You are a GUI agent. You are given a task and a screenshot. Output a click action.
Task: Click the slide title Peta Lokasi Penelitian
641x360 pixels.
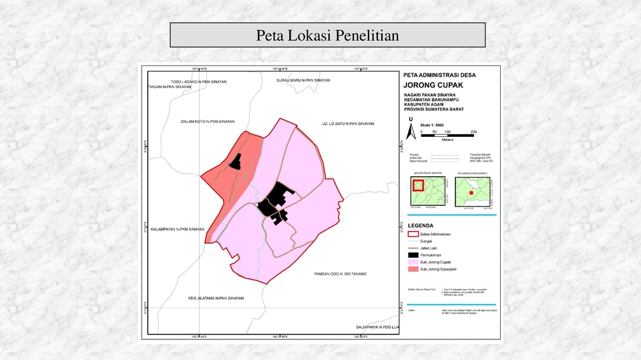327,35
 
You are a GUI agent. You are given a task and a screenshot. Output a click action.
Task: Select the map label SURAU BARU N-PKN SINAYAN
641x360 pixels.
303,80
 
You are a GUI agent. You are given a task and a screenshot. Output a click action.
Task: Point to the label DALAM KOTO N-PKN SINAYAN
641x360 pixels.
208,122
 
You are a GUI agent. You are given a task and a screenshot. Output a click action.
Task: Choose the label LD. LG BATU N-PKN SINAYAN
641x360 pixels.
348,124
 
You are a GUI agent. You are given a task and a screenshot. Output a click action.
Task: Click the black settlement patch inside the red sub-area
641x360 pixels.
235,161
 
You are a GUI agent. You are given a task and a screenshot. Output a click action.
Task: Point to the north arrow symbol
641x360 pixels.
411,130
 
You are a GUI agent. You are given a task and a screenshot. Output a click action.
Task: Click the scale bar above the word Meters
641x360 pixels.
447,136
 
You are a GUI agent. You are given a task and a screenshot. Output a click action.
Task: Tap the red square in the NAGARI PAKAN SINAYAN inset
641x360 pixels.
417,185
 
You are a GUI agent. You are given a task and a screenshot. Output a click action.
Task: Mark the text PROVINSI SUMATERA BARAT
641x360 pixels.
434,109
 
